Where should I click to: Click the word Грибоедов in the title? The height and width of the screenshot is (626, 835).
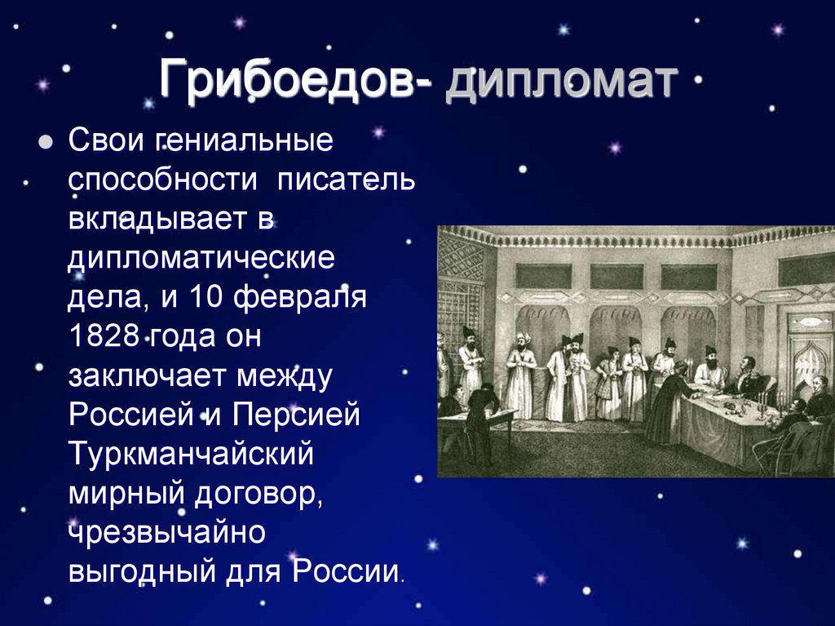click(286, 80)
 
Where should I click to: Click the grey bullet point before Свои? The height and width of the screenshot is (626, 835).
click(46, 142)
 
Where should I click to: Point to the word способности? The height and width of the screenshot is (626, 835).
click(163, 179)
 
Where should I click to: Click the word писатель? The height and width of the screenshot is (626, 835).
click(346, 179)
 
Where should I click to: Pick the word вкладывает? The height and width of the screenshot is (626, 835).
click(171, 218)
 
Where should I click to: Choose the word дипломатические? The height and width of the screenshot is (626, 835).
click(201, 259)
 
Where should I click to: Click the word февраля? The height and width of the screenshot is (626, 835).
click(300, 296)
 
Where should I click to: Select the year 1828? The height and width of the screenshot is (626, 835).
click(104, 336)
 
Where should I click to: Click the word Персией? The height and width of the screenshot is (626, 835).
click(296, 415)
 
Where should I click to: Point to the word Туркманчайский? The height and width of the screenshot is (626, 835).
click(191, 454)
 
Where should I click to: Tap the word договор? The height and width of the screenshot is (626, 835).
click(258, 495)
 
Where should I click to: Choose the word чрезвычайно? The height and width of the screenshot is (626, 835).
click(166, 532)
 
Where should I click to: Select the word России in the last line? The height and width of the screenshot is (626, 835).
click(346, 571)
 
